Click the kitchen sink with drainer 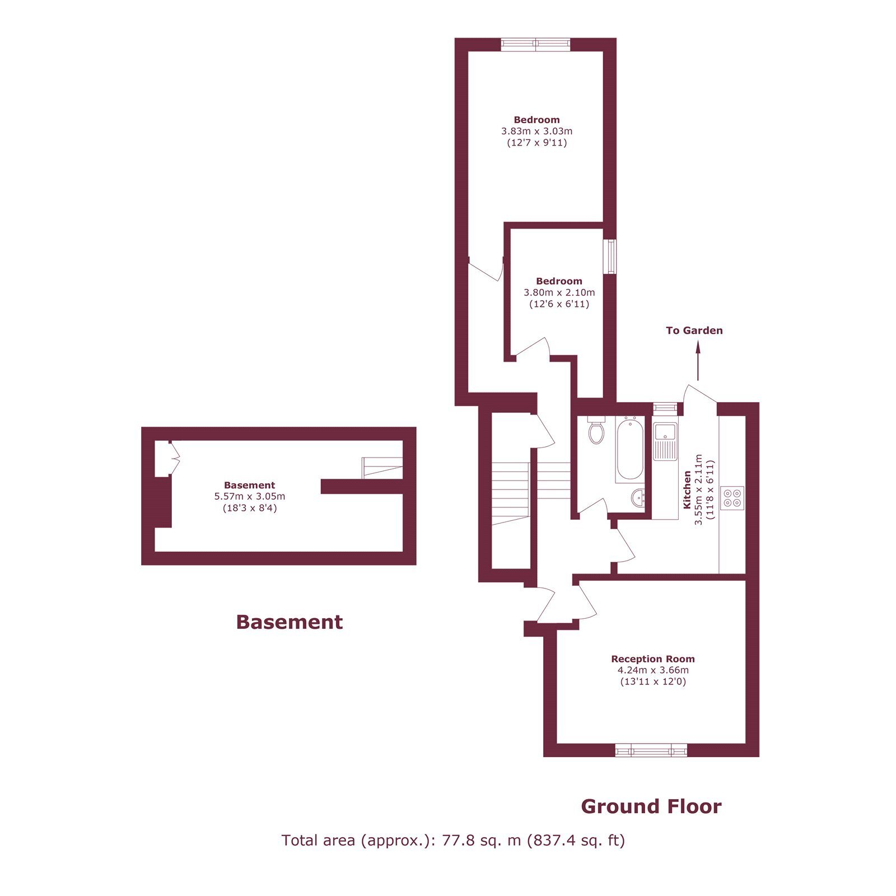[x=665, y=441]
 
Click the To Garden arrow [x=698, y=361]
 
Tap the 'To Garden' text [x=694, y=330]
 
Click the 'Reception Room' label [x=653, y=659]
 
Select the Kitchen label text [x=687, y=490]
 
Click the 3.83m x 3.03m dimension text [x=537, y=131]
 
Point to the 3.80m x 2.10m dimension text [x=559, y=292]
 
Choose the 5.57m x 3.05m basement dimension [x=250, y=496]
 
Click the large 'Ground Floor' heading [x=651, y=806]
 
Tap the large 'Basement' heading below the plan [x=289, y=622]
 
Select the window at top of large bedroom [x=536, y=44]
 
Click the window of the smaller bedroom [x=610, y=256]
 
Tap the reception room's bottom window [x=651, y=750]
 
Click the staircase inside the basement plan [x=382, y=468]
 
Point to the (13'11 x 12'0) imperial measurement [x=653, y=682]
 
